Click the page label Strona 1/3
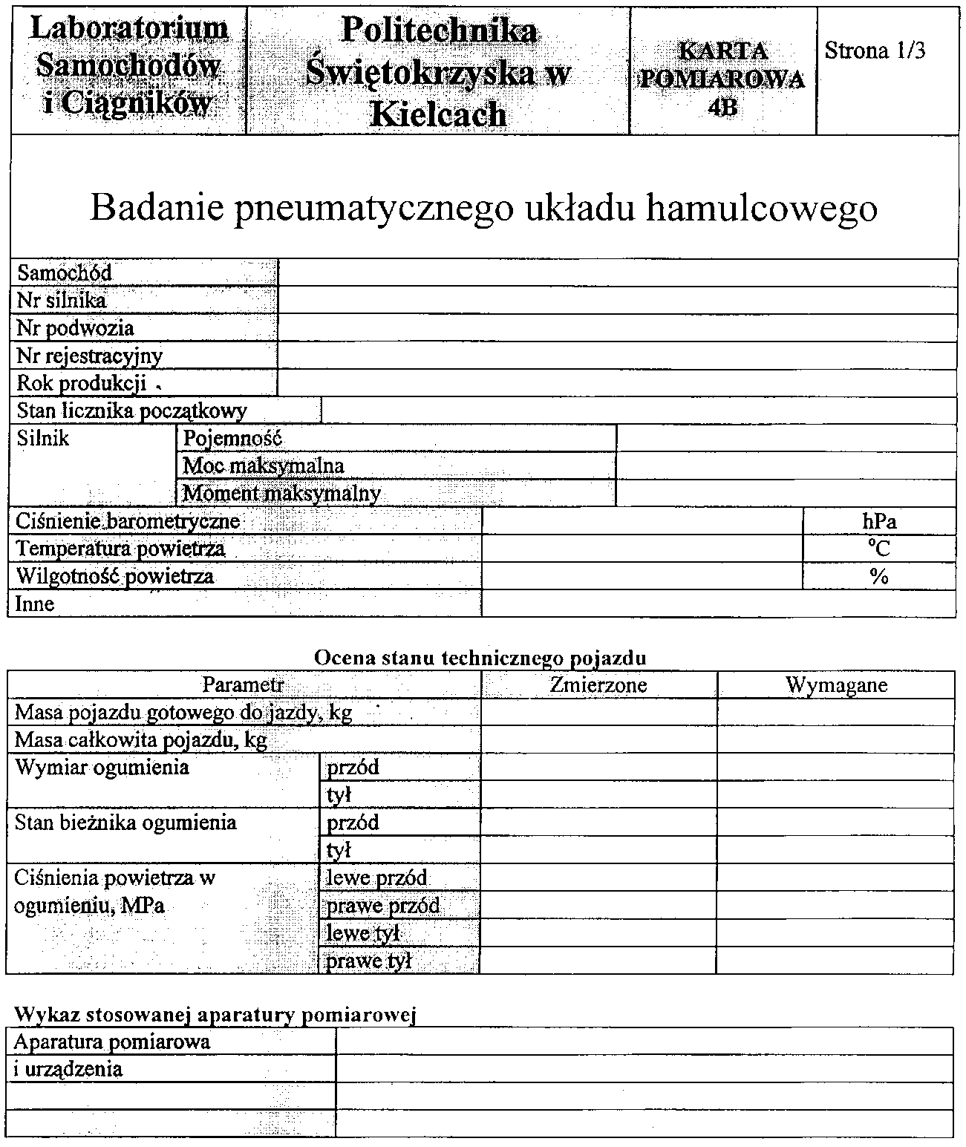pos(875,51)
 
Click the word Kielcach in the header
pos(438,114)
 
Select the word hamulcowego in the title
pos(761,209)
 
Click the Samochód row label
pos(65,272)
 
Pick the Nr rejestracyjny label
pos(89,356)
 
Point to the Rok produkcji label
pos(82,383)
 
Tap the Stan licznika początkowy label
pos(131,411)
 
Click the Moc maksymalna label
pos(264,465)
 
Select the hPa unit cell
pos(879,521)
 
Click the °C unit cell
pos(879,549)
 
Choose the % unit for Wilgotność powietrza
pos(879,576)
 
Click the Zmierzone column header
pos(598,684)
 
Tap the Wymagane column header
pos(836,684)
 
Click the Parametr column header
pos(244,684)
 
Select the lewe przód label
pos(376,878)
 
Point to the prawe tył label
pos(368,961)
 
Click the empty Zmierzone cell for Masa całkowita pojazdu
pos(598,739)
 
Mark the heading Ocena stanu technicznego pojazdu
pos(480,658)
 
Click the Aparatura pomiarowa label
pos(111,1042)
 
